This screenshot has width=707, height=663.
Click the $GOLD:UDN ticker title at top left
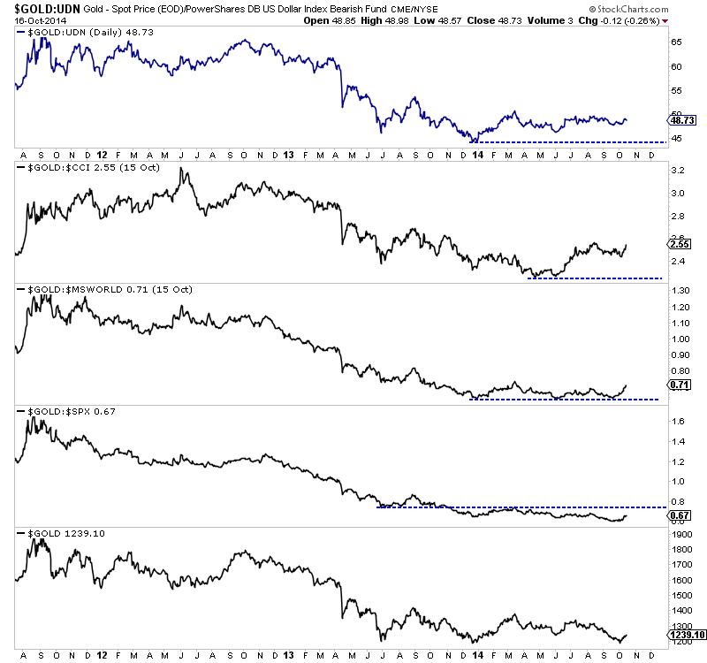click(x=45, y=10)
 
